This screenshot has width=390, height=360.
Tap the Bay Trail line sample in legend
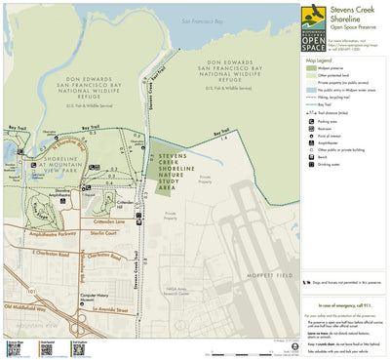click(311, 103)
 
